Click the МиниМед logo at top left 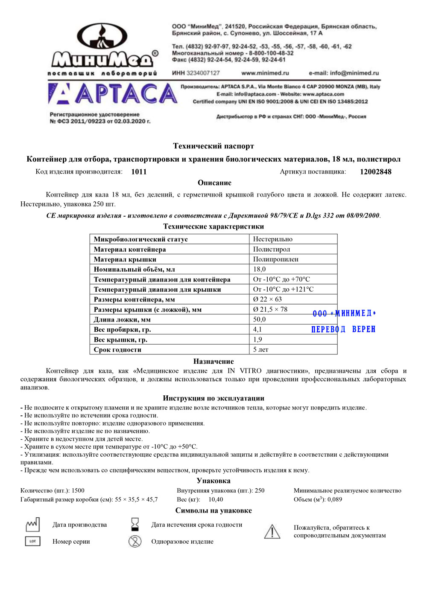[x=102, y=49]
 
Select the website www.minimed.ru [x=265, y=73]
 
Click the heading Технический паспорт [x=213, y=146]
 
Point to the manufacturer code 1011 [x=139, y=172]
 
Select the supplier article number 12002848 [x=375, y=172]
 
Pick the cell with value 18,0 [x=259, y=269]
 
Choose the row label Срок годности [x=117, y=350]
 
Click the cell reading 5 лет [x=260, y=350]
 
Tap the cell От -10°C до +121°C [x=283, y=289]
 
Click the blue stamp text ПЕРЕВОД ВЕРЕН [x=343, y=329]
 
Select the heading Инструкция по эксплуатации [x=213, y=398]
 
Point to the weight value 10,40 [x=216, y=499]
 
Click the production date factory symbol [x=33, y=525]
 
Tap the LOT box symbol [x=33, y=541]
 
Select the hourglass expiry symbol [x=135, y=524]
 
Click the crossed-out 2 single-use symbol [x=135, y=541]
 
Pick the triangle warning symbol [x=272, y=531]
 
